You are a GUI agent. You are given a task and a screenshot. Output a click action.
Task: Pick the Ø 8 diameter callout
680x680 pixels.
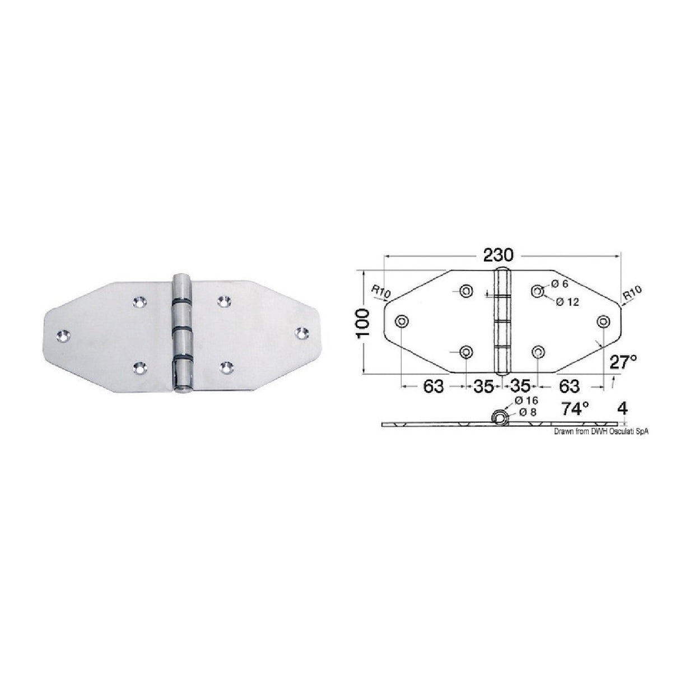(524, 413)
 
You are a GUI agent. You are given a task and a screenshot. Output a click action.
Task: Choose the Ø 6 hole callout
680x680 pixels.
(560, 285)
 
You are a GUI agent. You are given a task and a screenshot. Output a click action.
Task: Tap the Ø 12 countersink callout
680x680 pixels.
(567, 302)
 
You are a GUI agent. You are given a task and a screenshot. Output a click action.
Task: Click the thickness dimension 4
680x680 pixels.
(622, 408)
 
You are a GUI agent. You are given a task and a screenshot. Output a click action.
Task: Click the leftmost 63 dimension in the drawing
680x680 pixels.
(433, 386)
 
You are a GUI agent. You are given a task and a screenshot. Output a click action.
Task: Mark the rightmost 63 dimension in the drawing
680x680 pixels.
(569, 386)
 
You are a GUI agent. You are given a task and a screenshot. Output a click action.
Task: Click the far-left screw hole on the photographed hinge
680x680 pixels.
(63, 336)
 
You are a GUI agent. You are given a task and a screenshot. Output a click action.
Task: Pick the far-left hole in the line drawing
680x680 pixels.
(402, 321)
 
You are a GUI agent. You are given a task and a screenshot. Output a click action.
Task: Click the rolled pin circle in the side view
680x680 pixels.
(499, 417)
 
